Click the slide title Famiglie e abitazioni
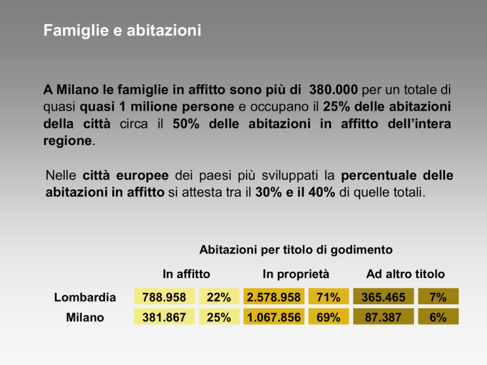122,30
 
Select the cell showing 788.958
164,297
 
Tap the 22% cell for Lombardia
218,297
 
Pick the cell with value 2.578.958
274,297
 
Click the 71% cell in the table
328,297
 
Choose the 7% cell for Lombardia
438,297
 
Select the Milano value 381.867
164,317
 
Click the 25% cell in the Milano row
218,317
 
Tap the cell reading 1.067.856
274,317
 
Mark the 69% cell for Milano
328,317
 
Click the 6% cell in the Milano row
438,317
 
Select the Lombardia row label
85,297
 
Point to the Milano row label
85,317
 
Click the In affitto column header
186,274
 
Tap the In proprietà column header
295,274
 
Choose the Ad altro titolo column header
406,274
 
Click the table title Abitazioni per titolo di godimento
296,250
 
